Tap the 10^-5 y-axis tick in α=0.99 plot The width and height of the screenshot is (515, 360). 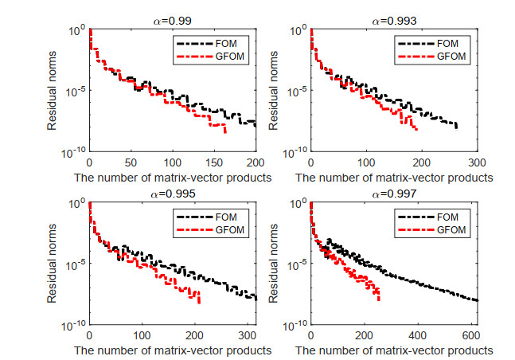[74, 91]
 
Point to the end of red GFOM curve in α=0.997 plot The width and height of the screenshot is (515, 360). [379, 299]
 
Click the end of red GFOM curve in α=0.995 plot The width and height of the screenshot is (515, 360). [198, 303]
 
